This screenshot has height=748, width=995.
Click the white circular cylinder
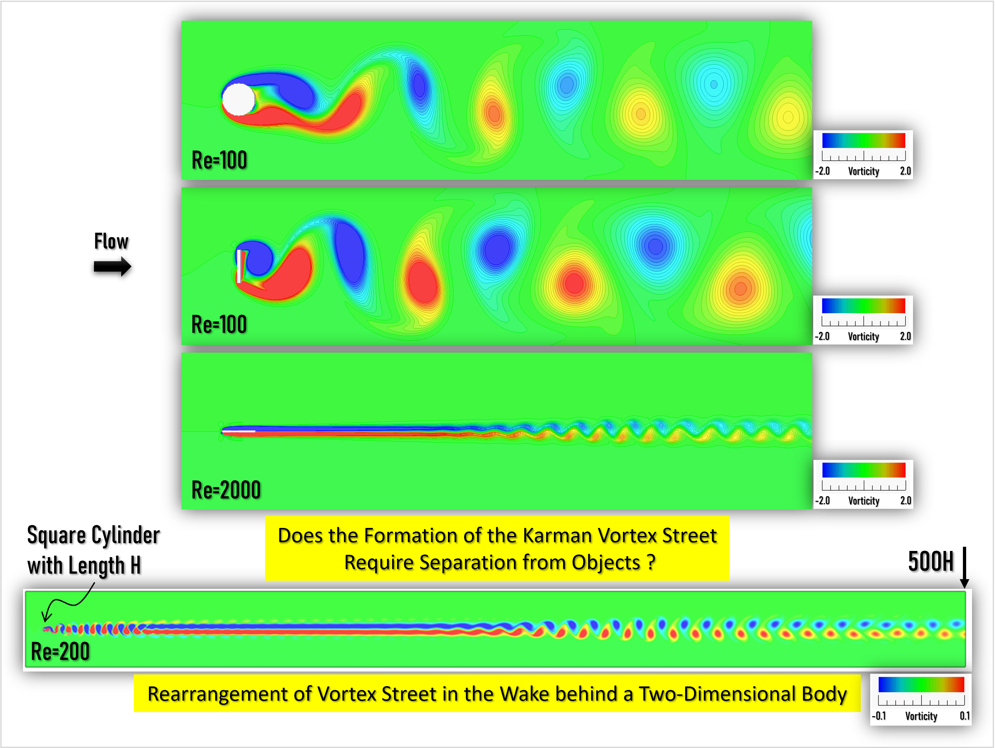239,99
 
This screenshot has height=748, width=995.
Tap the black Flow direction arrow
112,267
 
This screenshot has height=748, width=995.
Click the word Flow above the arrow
111,241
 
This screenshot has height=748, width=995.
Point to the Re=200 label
60,651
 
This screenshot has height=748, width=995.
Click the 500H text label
931,561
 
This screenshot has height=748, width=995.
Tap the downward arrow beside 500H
965,567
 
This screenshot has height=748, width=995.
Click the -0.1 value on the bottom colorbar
879,716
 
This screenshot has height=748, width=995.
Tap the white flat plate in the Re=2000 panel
239,431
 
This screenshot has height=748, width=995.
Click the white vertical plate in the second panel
239,266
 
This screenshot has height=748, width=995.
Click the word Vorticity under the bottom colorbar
921,716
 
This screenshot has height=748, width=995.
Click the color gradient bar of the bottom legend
921,684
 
